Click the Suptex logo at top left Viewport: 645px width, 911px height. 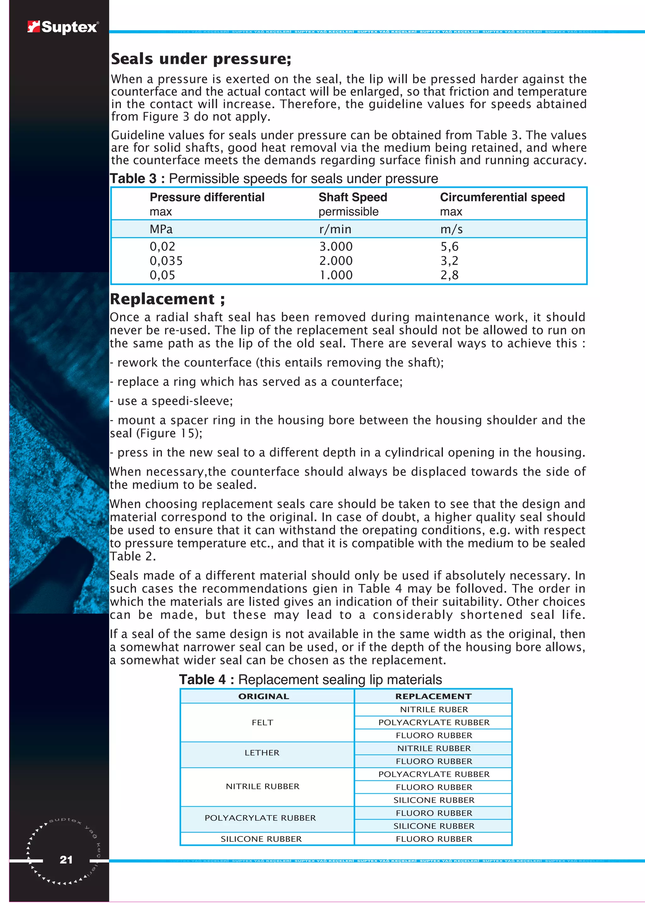click(x=63, y=27)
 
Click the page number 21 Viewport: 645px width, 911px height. click(x=66, y=860)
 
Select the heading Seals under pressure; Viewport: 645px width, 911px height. click(x=201, y=59)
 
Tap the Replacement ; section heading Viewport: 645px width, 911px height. click(x=167, y=299)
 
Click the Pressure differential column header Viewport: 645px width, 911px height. click(x=207, y=197)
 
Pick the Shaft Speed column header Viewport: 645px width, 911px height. click(x=353, y=197)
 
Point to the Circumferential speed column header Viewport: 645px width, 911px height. click(x=502, y=197)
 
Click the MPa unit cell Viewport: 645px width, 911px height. click(x=161, y=229)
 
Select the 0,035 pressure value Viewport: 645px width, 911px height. click(x=166, y=261)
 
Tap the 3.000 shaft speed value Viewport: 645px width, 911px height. click(x=336, y=246)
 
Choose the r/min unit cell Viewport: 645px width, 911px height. click(x=335, y=229)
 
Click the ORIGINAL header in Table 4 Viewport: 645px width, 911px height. click(x=263, y=696)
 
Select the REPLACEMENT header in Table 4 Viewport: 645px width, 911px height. click(x=433, y=696)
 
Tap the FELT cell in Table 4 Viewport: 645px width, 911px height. click(x=263, y=723)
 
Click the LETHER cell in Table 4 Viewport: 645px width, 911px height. click(x=262, y=753)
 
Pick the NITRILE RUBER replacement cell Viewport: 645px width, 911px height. click(x=434, y=709)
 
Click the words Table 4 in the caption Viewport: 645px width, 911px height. click(x=202, y=680)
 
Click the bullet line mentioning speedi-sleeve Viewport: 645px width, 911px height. click(x=172, y=401)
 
